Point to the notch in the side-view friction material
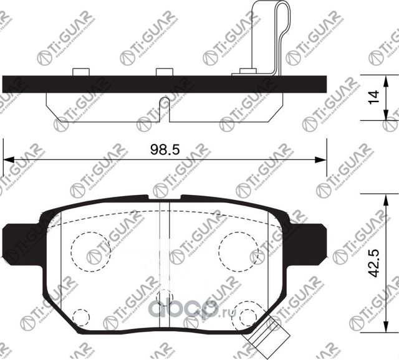click(164, 103)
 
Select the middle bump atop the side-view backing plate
click(164, 72)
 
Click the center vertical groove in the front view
click(164, 249)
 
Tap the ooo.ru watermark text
click(190, 307)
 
